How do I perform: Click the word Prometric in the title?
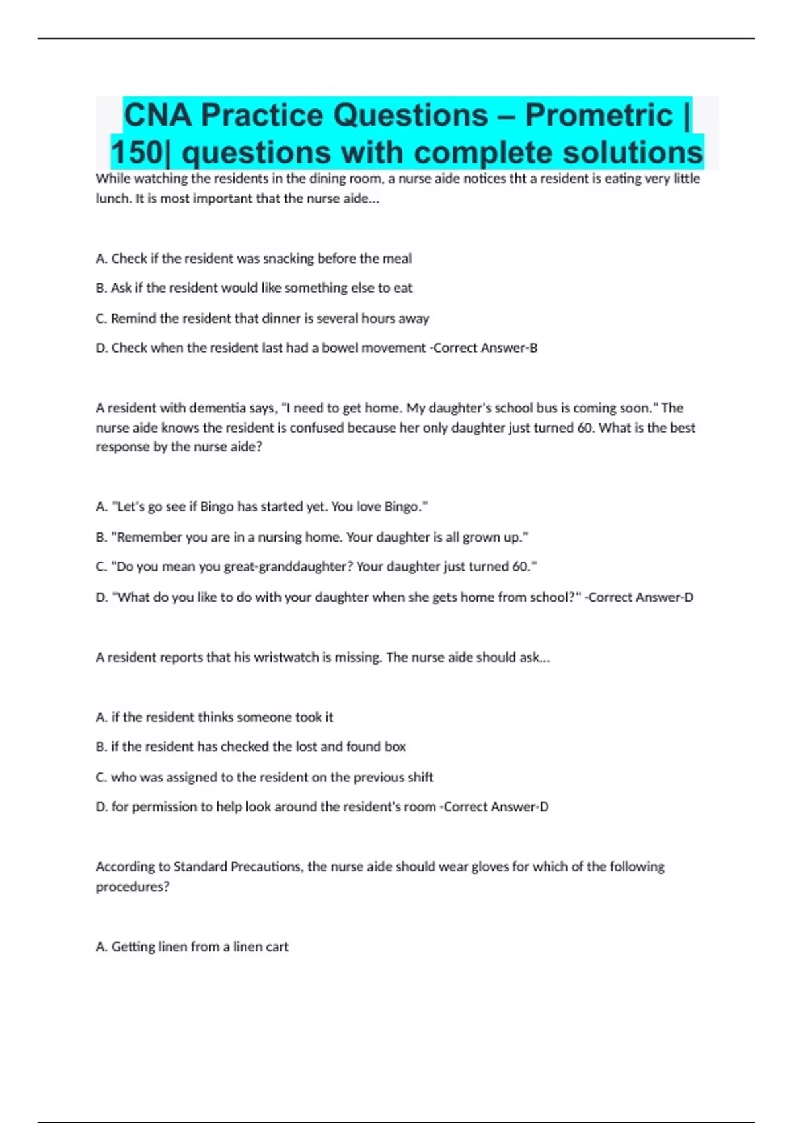[599, 115]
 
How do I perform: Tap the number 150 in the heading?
[137, 153]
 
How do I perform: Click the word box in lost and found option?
[395, 746]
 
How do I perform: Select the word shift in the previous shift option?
[420, 777]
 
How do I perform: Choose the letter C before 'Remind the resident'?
[101, 318]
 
